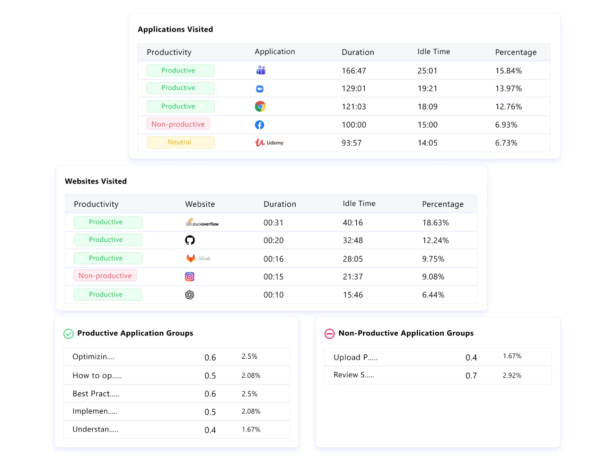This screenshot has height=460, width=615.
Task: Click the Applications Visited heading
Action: click(175, 29)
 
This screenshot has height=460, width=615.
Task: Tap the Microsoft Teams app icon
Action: click(261, 71)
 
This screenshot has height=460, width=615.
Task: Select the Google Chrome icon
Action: click(260, 106)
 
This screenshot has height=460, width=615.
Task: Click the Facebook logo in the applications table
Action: click(260, 125)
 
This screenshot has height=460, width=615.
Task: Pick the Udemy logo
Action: click(269, 142)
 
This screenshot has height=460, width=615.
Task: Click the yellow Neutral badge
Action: click(180, 142)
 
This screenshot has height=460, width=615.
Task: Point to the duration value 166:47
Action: click(354, 71)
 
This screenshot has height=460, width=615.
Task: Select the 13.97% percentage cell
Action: click(509, 88)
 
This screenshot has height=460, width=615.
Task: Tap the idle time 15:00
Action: click(428, 125)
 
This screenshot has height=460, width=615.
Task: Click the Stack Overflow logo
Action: click(202, 222)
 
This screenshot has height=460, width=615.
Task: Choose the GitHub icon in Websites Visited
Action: click(190, 240)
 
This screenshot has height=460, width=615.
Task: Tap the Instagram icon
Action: click(190, 277)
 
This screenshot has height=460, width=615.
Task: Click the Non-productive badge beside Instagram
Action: click(105, 276)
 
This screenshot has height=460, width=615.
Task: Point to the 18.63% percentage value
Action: click(436, 223)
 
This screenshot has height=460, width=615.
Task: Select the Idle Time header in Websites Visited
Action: click(359, 203)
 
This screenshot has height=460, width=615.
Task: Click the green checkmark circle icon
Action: click(69, 334)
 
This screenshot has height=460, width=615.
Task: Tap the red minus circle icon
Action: click(330, 334)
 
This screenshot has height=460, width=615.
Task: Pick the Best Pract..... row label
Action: click(96, 394)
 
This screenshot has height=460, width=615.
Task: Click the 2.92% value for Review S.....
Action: click(512, 376)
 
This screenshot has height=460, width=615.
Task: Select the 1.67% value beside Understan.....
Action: click(251, 430)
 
